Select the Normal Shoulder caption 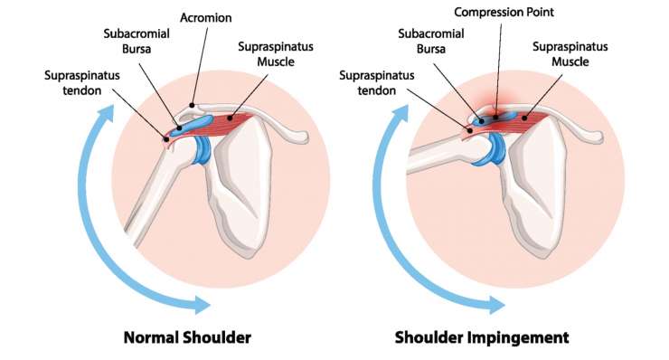pyautogui.click(x=187, y=337)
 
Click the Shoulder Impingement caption pyautogui.click(x=482, y=337)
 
